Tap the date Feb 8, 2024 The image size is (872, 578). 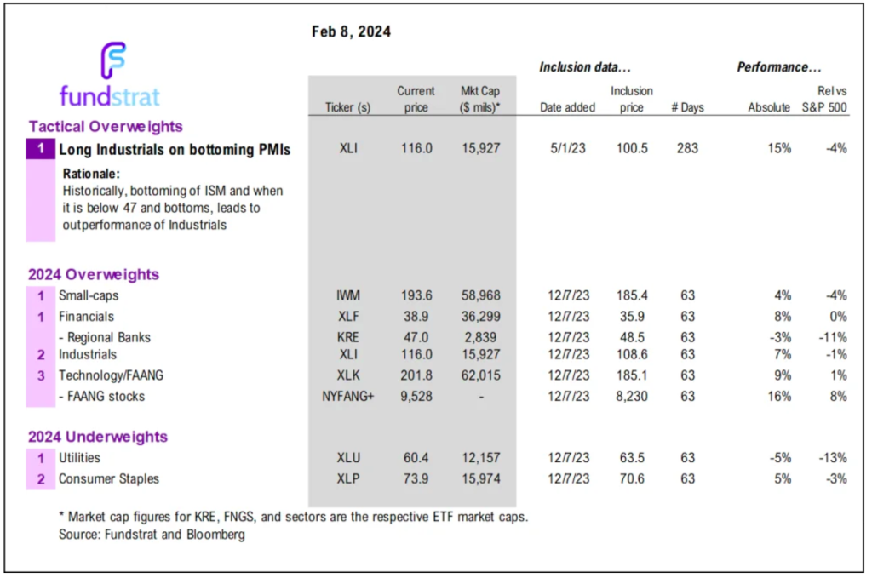click(352, 32)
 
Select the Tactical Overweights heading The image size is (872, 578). click(106, 127)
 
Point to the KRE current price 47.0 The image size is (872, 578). click(416, 337)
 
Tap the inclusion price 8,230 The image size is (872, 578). click(631, 396)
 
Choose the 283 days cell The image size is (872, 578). click(686, 149)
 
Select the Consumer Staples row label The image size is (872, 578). click(108, 478)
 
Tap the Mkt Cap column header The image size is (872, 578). click(480, 100)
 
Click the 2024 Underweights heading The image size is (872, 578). click(98, 437)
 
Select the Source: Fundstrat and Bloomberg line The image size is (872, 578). click(142, 535)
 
